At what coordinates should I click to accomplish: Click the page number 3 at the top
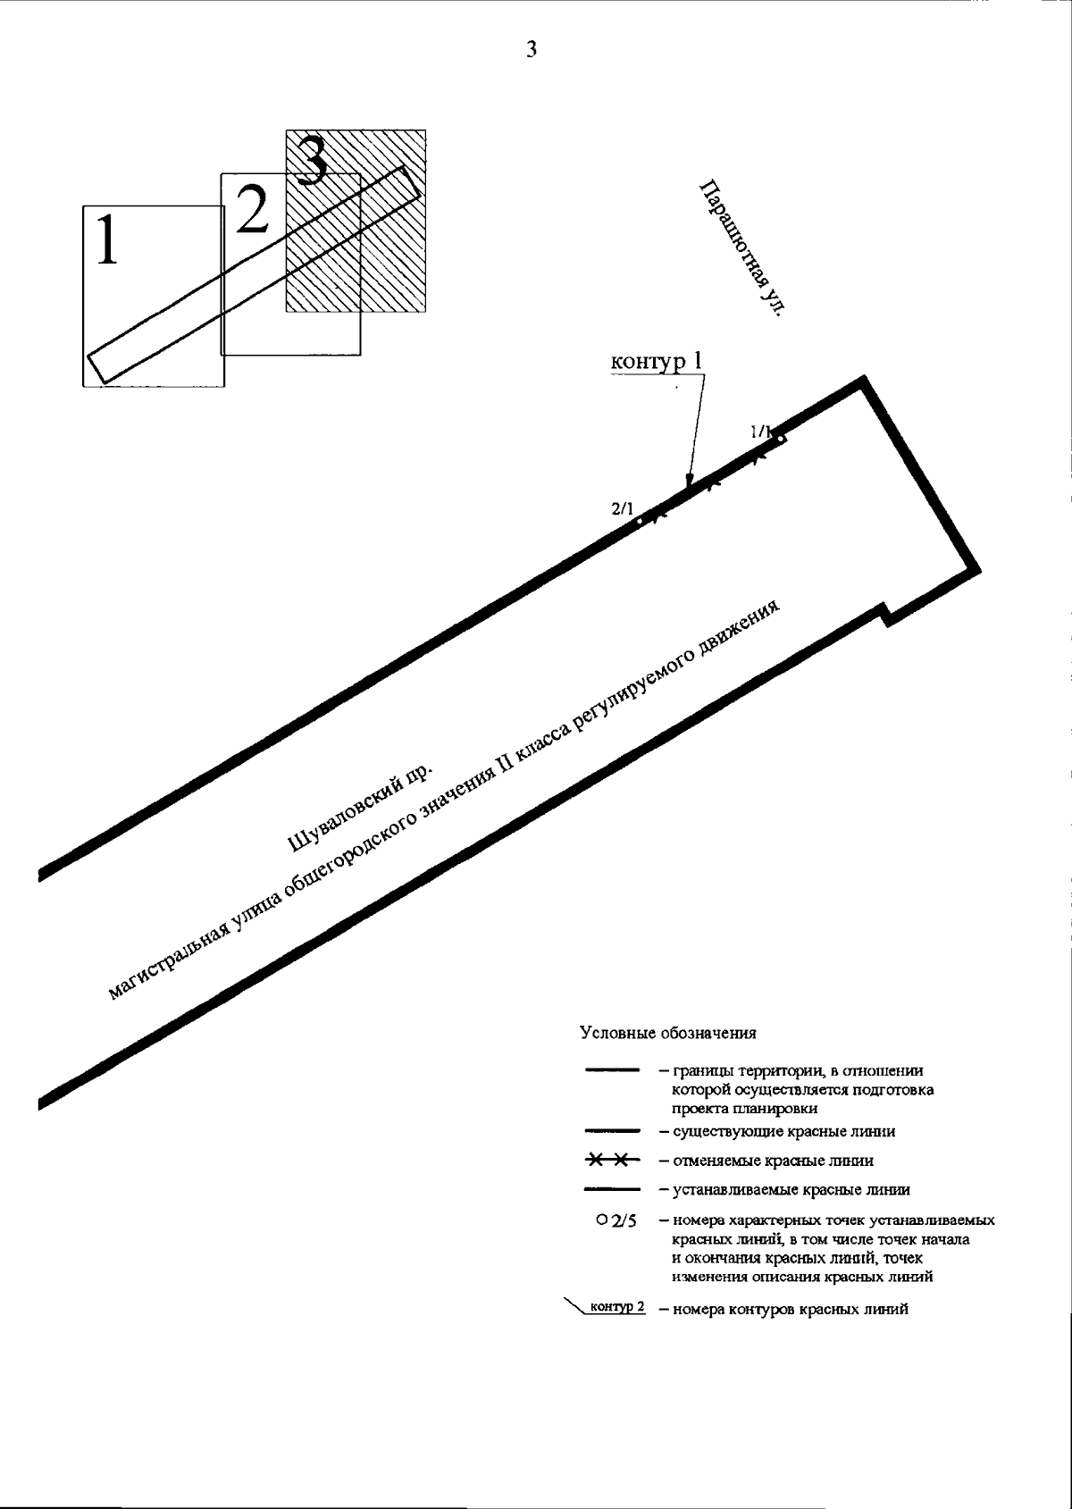point(532,49)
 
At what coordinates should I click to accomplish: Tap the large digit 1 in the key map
point(107,239)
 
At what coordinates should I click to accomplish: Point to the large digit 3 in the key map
point(312,159)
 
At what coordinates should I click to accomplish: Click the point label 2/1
point(622,509)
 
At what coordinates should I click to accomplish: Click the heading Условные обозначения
point(668,1034)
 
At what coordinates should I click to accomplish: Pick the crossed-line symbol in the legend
point(611,1161)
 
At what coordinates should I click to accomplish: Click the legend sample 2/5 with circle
point(616,1220)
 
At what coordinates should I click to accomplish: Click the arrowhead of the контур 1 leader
point(686,483)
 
